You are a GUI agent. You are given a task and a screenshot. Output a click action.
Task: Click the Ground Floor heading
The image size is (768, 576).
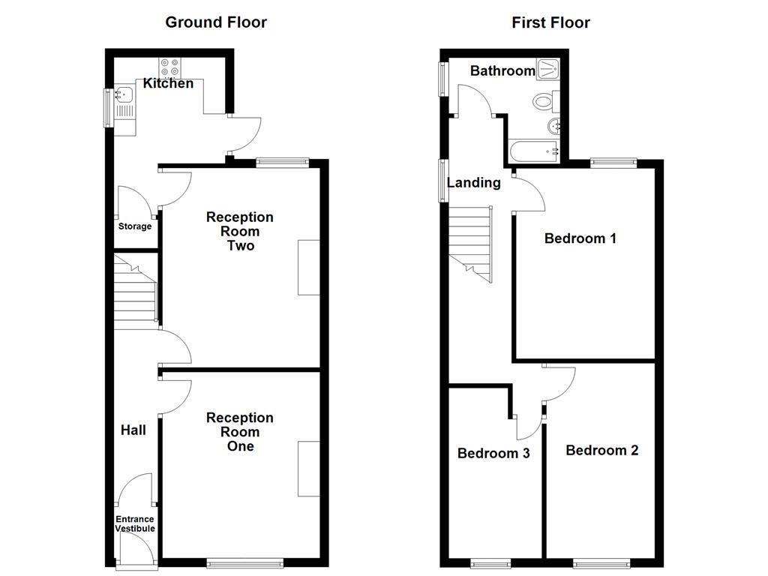[x=216, y=22]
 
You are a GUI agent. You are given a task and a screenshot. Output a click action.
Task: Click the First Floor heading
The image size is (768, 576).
[x=550, y=22]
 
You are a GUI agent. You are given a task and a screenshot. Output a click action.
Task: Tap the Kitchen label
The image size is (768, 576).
[x=168, y=83]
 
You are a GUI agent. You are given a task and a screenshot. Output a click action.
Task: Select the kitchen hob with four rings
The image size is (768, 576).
[x=169, y=66]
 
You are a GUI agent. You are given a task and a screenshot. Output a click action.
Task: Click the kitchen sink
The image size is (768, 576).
[x=124, y=94]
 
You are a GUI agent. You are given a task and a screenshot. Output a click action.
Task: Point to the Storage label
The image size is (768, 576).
[x=135, y=226]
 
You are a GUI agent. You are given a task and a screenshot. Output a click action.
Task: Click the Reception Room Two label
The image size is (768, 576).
[x=240, y=231]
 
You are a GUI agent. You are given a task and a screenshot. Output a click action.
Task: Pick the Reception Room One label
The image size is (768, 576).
[x=240, y=431]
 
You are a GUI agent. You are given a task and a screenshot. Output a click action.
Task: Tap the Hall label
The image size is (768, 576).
[x=133, y=430]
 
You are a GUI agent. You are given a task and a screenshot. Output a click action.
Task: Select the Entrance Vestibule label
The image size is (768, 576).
[x=135, y=523]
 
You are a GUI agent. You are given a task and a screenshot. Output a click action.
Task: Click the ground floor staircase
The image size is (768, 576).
[x=135, y=292]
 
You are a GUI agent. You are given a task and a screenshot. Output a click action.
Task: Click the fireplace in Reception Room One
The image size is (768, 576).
[x=308, y=469]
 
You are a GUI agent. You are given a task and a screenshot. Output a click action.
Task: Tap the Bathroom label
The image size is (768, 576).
[x=502, y=71]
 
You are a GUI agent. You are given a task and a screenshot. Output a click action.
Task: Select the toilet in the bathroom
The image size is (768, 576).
[x=543, y=100]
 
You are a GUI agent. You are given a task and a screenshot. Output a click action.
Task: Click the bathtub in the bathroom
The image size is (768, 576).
[x=535, y=150]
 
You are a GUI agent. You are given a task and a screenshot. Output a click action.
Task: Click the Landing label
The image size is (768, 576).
[x=474, y=182]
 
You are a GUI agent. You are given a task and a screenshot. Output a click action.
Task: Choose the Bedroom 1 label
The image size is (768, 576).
[x=580, y=238]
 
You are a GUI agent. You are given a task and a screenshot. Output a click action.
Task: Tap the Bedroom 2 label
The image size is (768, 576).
[x=602, y=450]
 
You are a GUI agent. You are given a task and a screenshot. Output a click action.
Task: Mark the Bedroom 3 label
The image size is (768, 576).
[x=493, y=453]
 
